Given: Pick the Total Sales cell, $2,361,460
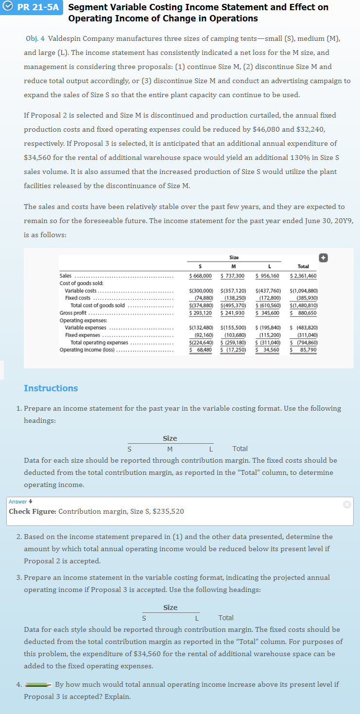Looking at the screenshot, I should [303, 276].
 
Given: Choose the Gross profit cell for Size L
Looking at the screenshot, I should [267, 313].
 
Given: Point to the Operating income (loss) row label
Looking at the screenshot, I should [87, 349].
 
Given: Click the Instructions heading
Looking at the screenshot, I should [51, 388].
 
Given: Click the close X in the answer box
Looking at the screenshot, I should [346, 505].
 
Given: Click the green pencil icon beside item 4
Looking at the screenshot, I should [38, 684].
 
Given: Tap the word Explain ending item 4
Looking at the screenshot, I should [118, 697].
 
